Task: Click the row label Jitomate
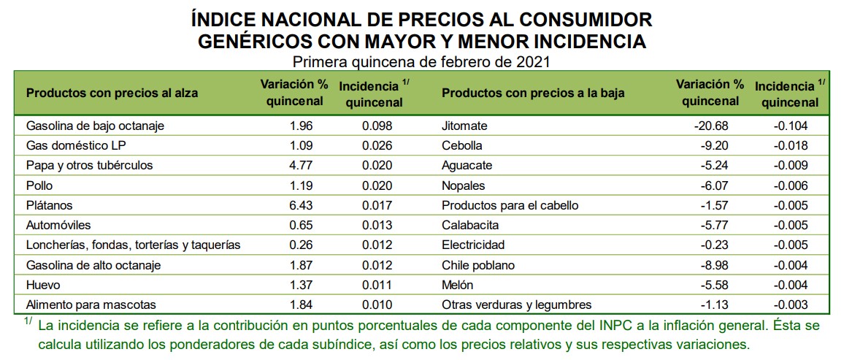tap(464, 126)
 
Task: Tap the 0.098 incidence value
tap(377, 126)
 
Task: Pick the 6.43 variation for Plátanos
tap(301, 205)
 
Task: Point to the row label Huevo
tap(43, 285)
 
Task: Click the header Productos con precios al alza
tap(112, 93)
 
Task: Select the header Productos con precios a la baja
tap(533, 93)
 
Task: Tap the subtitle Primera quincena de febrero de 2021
tap(421, 61)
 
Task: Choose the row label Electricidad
tap(473, 245)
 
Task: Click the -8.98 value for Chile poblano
tap(713, 265)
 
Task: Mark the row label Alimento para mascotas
tap(91, 305)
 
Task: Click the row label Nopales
tap(463, 185)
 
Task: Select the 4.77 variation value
tap(301, 165)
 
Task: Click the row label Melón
tap(458, 285)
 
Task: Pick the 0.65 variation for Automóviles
tap(301, 225)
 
